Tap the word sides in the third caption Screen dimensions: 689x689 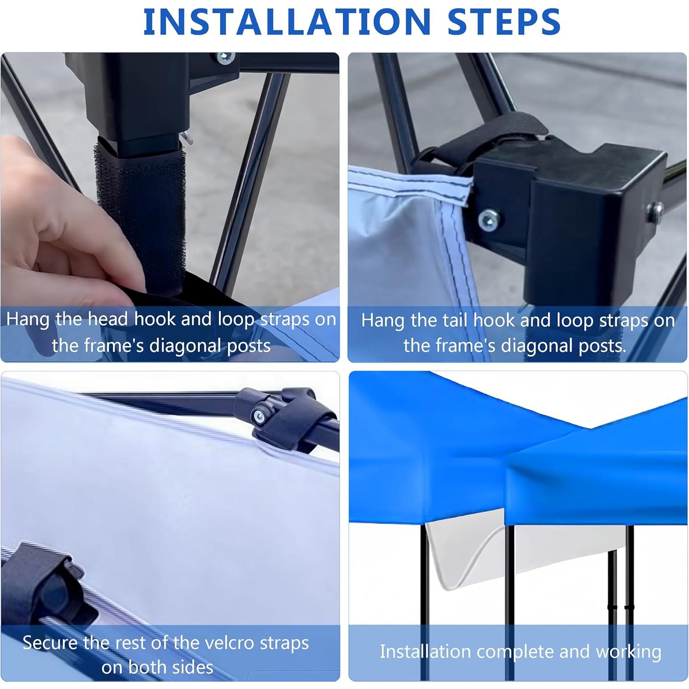193,667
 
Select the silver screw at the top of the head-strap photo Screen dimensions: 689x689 225,58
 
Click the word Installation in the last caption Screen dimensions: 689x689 425,652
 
